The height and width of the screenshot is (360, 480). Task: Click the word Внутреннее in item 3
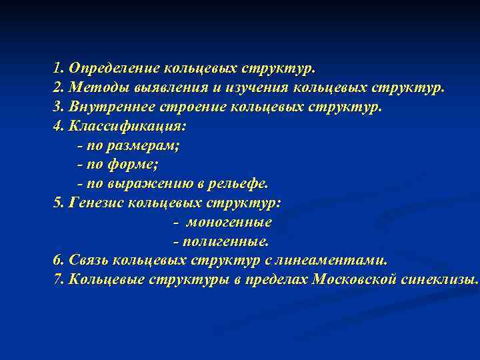tap(111, 107)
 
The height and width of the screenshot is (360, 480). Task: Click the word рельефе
tap(241, 183)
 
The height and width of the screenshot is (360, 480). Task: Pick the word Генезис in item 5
tap(93, 202)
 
